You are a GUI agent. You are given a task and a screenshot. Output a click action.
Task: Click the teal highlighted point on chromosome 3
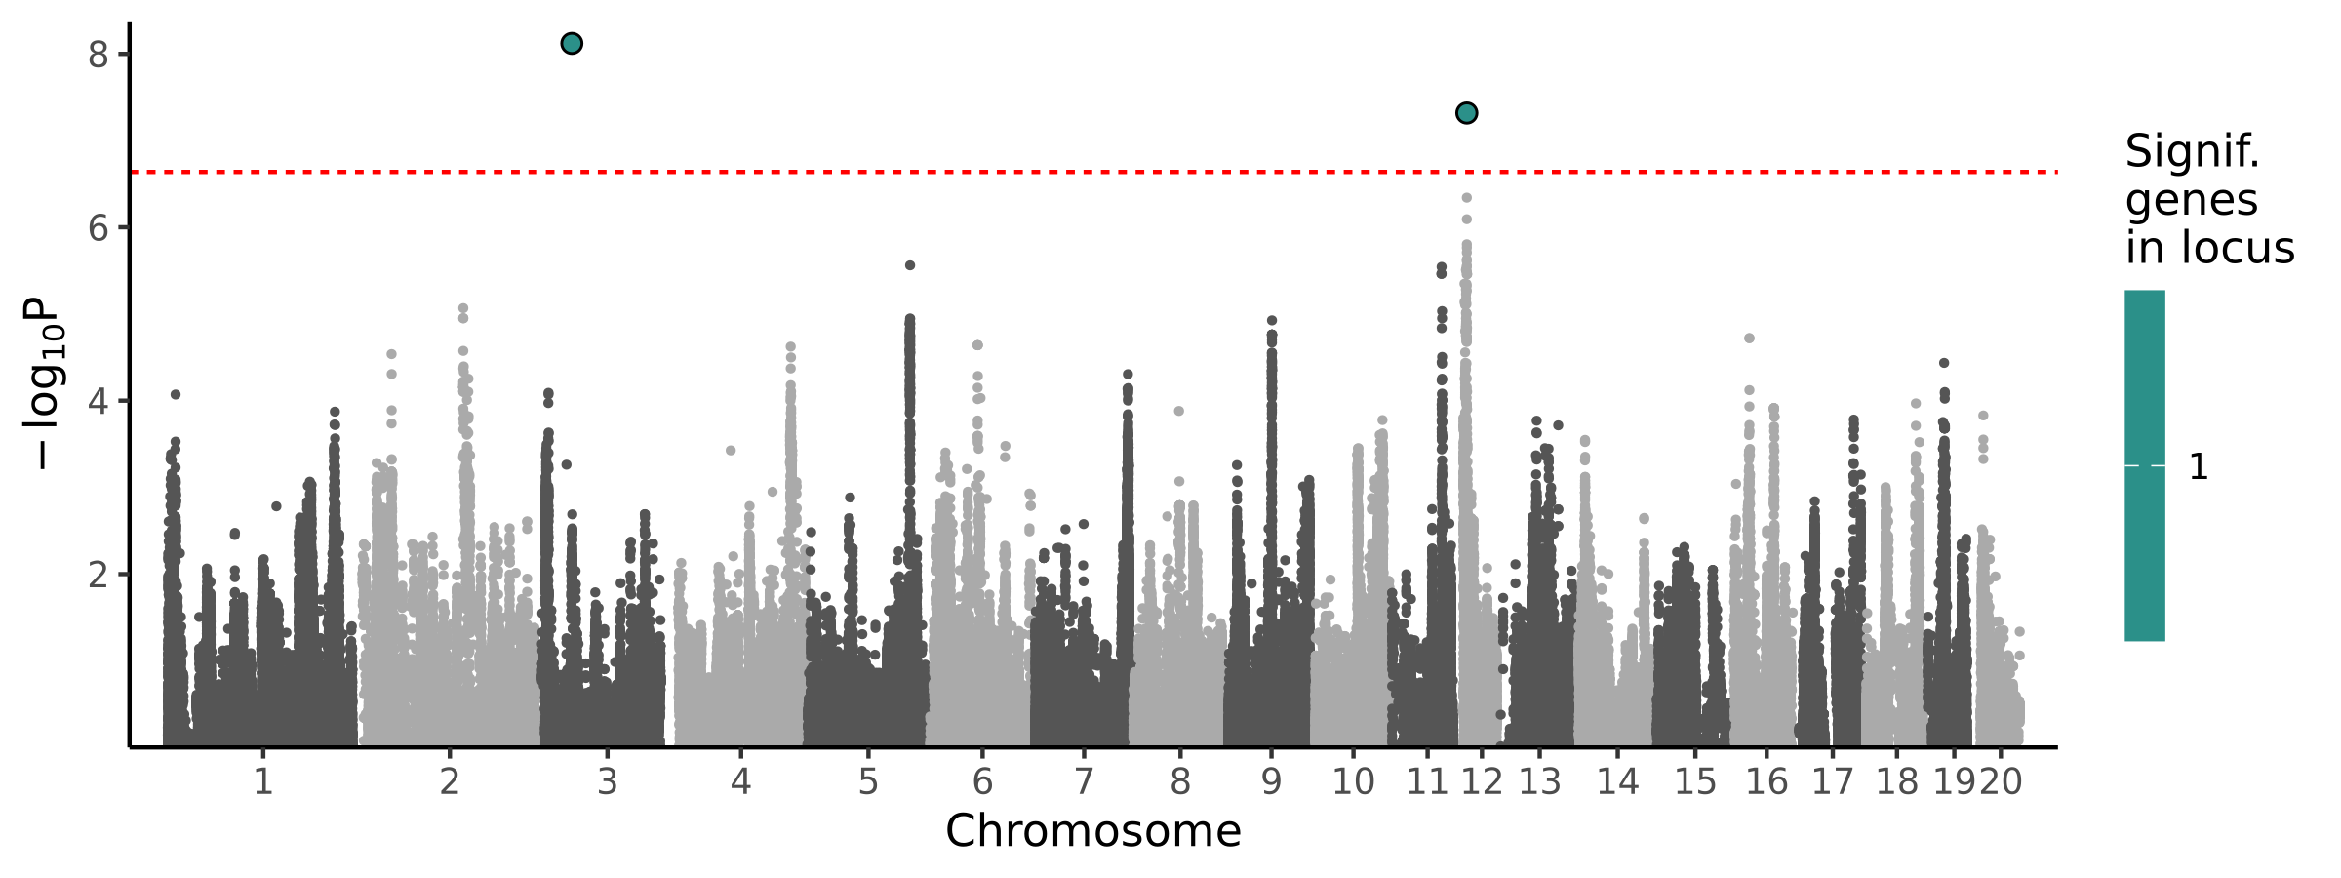point(572,43)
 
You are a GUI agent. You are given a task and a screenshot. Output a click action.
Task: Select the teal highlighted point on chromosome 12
point(1466,113)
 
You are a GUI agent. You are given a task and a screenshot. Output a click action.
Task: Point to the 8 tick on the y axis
point(98,55)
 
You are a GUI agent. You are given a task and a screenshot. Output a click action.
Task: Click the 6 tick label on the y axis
point(98,228)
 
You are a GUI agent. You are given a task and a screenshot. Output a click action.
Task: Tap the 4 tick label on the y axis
point(98,401)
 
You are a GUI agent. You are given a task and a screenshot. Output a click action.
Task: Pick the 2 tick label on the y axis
point(98,575)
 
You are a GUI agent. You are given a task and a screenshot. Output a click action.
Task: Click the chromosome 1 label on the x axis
point(262,781)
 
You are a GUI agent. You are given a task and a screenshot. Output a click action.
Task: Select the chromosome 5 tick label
point(868,781)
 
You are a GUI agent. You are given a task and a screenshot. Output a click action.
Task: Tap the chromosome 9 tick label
point(1271,781)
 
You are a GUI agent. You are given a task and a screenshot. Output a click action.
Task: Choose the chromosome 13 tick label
point(1539,781)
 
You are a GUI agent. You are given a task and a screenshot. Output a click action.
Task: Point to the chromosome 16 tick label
point(1766,781)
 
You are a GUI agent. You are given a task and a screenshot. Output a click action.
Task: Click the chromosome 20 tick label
point(2001,781)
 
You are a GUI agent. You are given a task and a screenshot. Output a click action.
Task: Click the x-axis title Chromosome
point(1092,831)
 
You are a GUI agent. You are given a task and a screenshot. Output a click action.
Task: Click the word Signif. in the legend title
point(2192,152)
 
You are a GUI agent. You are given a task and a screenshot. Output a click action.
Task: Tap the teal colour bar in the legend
point(2144,465)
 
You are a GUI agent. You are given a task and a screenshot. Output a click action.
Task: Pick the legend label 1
point(2198,467)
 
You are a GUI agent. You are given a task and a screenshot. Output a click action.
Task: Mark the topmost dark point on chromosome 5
point(910,265)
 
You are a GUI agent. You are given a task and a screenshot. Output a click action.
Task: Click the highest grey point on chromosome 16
point(1749,339)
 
